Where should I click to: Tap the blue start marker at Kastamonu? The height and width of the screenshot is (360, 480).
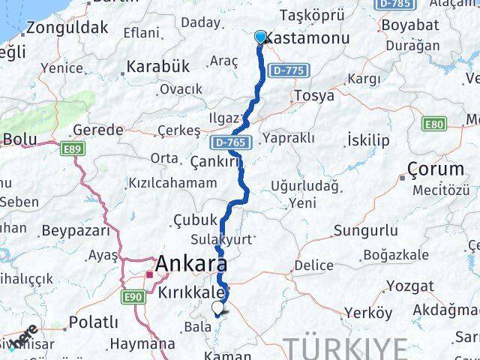click(260, 37)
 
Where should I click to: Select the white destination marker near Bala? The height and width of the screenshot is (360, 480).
click(218, 307)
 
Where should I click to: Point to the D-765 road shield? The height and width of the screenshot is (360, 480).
click(226, 141)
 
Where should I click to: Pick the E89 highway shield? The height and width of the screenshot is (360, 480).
click(73, 150)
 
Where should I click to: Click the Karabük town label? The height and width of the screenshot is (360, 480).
click(157, 66)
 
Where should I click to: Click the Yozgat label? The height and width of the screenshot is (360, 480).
click(409, 286)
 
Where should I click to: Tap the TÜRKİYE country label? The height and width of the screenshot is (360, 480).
click(346, 349)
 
